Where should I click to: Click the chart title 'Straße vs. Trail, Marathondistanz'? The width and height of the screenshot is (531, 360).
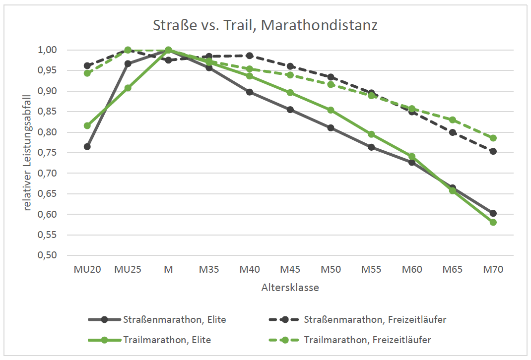[265, 25]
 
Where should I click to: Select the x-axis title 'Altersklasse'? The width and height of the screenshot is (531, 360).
[290, 288]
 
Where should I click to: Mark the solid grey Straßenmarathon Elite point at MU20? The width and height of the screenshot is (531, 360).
[87, 146]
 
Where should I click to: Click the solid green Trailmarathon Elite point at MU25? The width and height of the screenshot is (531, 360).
[128, 88]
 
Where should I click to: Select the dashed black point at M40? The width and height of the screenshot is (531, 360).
[250, 56]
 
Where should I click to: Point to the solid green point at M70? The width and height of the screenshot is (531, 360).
[493, 222]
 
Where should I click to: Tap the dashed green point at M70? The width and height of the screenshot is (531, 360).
[493, 138]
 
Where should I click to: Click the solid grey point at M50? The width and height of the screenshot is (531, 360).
[331, 128]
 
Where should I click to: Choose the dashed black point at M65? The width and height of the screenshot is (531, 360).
[453, 132]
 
